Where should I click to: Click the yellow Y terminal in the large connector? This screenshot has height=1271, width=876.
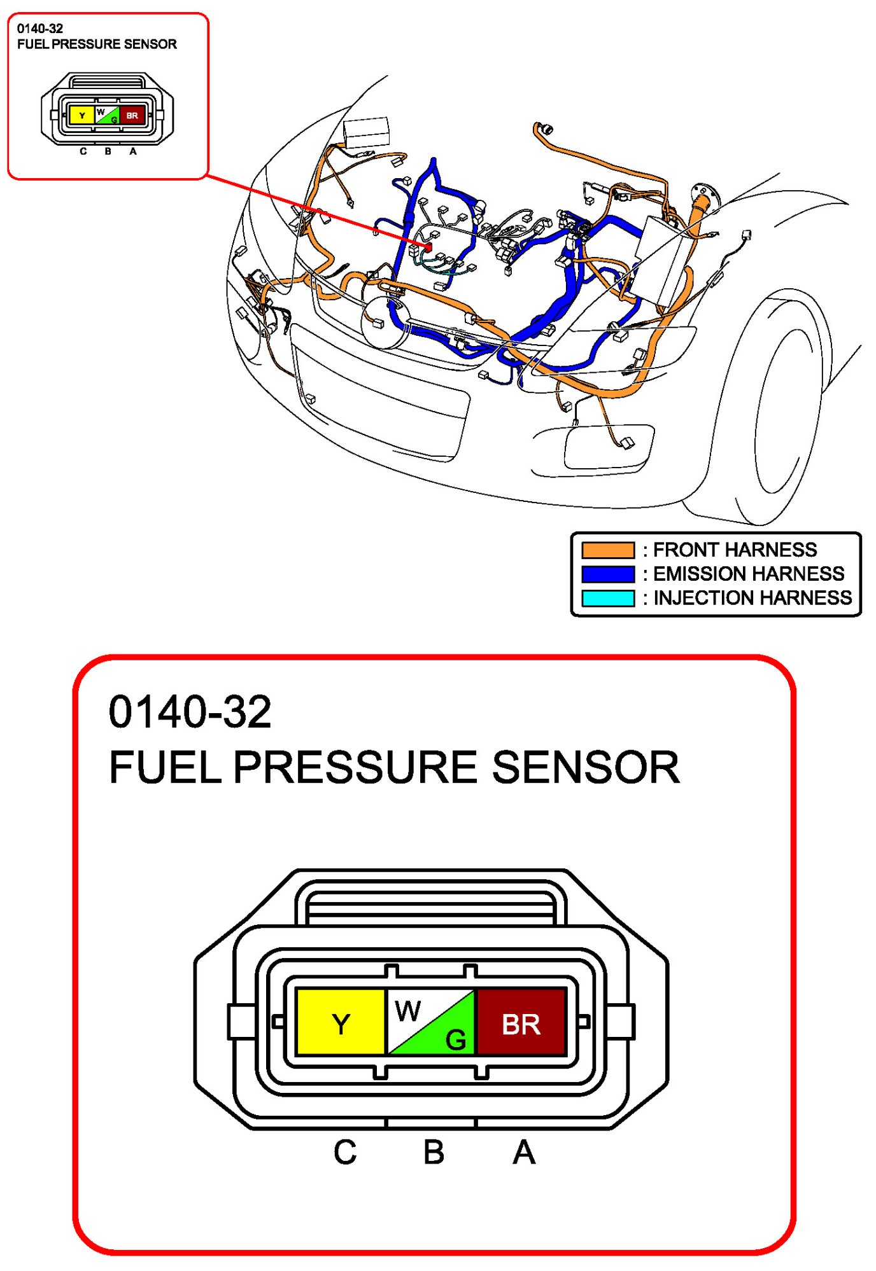tap(341, 1021)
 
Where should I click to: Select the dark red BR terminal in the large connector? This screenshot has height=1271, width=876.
tap(521, 1021)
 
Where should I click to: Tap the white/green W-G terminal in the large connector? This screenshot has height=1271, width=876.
tap(431, 1021)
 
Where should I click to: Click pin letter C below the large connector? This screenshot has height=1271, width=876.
tap(345, 1152)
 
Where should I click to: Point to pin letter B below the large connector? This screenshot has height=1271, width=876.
tap(434, 1152)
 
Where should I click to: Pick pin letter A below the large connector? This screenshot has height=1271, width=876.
tap(524, 1152)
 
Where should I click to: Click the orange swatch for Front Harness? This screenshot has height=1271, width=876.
tap(608, 550)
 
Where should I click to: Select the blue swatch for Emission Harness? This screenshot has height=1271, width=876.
tap(608, 574)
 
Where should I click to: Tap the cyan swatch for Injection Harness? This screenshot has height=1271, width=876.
tap(608, 598)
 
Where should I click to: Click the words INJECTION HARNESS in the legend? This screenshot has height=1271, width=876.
tap(752, 598)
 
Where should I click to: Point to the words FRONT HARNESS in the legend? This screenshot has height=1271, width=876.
tap(735, 550)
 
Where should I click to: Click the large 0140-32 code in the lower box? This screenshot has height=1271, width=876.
tap(190, 712)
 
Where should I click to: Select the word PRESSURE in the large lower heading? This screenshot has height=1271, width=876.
tap(356, 767)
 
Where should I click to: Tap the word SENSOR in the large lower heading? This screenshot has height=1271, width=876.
tap(586, 767)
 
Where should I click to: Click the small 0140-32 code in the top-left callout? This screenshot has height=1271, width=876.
tap(40, 29)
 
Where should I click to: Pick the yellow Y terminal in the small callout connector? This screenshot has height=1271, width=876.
tap(81, 115)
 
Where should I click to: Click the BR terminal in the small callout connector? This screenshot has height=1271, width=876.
tap(132, 115)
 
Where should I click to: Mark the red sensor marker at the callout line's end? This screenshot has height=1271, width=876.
tap(428, 246)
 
